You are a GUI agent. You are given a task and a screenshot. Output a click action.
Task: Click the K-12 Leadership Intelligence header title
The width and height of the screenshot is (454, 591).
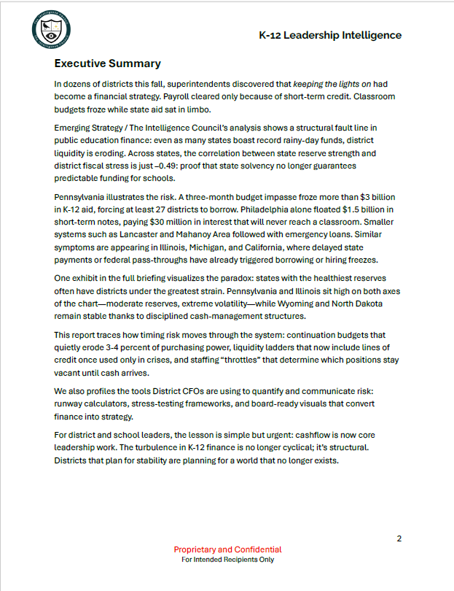(330, 35)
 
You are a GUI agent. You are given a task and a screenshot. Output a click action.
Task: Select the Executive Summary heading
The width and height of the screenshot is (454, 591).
(107, 63)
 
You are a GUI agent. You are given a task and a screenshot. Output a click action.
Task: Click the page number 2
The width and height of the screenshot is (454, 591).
(399, 538)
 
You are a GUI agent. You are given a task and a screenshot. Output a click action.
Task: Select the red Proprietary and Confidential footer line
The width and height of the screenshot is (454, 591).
(227, 549)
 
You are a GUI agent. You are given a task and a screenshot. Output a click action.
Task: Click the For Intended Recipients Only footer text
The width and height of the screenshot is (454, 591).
(227, 560)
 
